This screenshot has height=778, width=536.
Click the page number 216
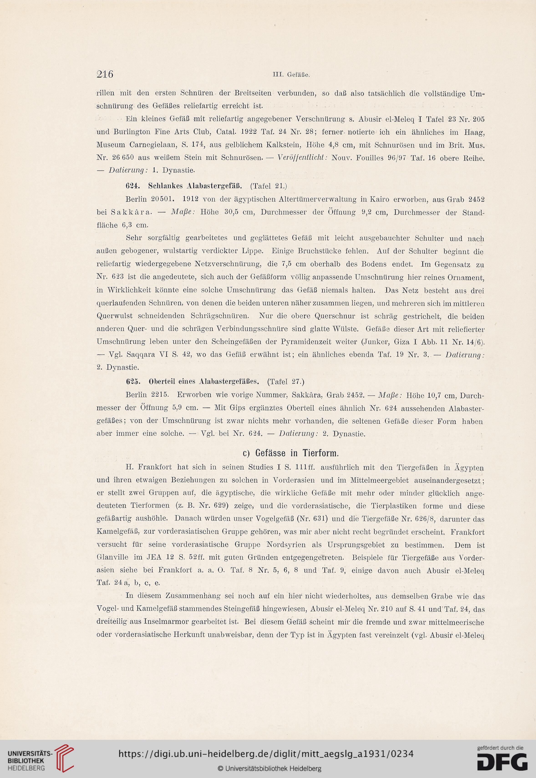104,74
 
